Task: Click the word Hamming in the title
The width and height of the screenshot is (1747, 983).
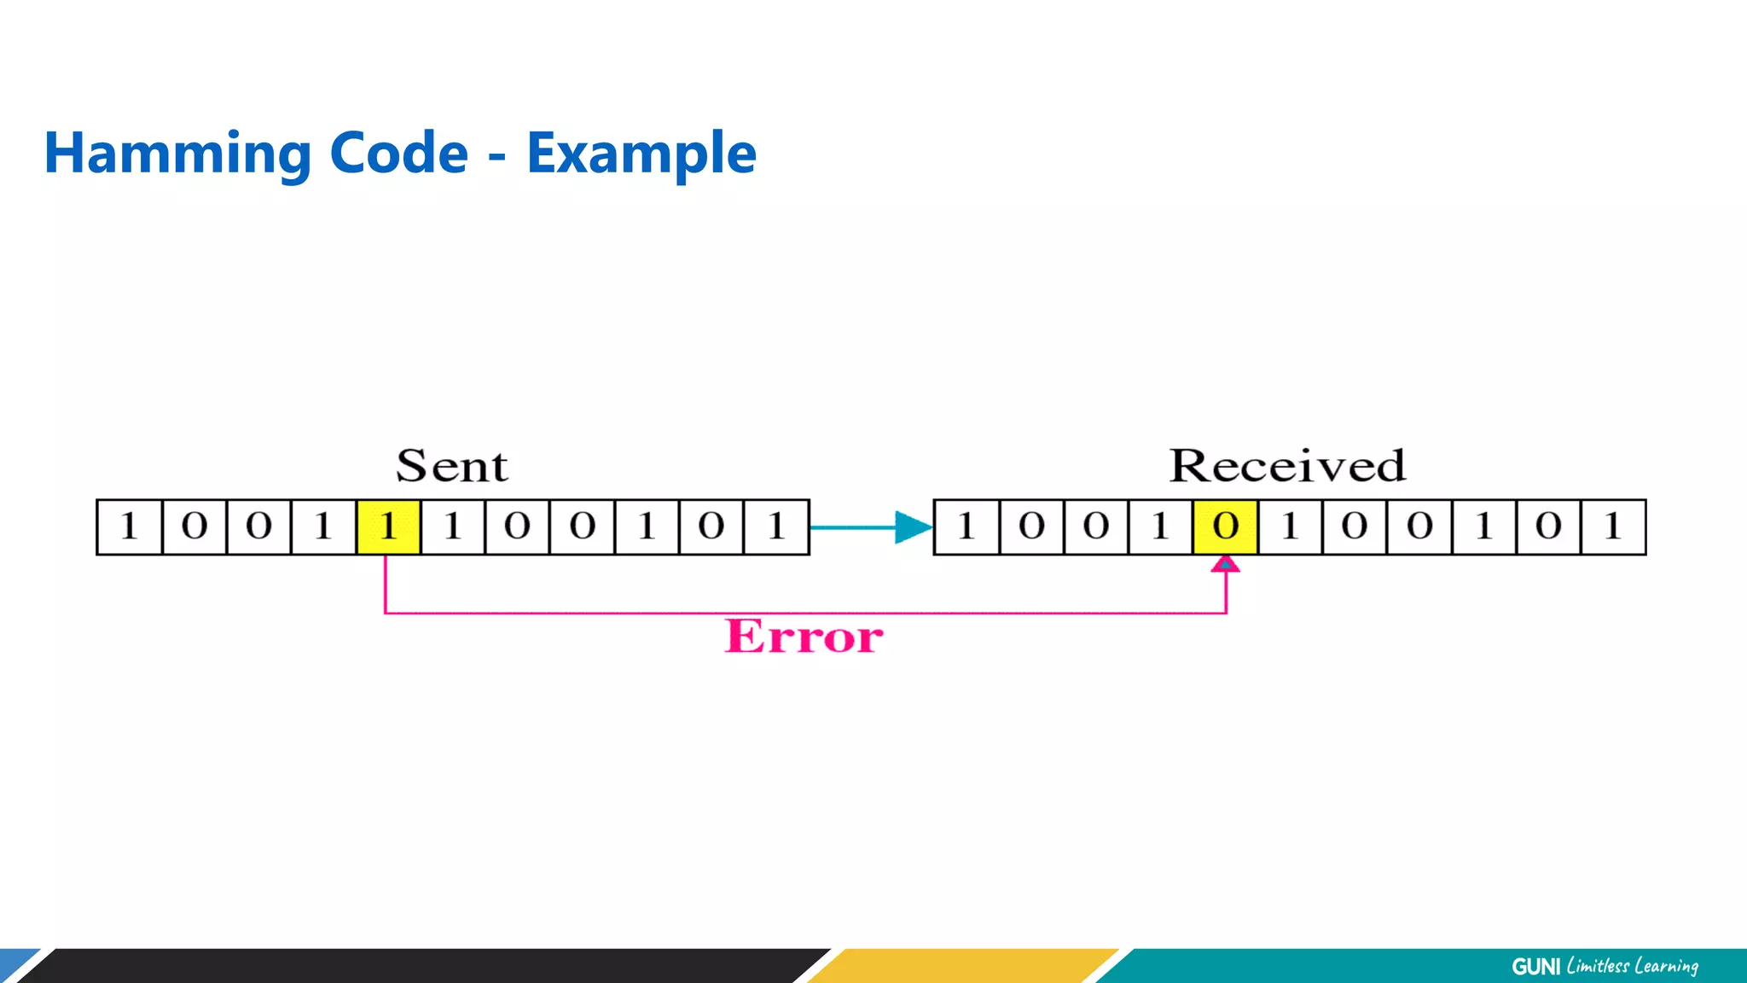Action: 177,154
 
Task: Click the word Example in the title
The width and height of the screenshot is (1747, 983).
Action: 641,154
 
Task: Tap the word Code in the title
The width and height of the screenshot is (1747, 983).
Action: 398,154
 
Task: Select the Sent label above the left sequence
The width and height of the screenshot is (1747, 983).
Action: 451,466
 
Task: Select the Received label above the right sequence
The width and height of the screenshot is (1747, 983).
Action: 1286,466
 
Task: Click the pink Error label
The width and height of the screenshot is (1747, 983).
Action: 804,637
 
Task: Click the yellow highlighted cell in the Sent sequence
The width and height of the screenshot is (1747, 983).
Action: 388,526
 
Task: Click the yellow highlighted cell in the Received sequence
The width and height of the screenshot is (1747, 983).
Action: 1226,526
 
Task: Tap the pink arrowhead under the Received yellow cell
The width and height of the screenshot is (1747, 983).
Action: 1226,564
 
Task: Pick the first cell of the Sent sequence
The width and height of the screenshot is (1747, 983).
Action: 129,526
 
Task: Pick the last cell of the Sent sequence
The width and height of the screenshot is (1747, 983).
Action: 776,526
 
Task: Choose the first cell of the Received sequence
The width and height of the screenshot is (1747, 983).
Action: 966,526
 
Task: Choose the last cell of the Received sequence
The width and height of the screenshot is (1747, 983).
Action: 1613,526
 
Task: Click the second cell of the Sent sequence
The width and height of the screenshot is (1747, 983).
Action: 194,526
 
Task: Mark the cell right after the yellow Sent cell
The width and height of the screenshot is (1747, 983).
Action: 453,526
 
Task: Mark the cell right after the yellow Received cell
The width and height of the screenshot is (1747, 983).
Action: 1291,526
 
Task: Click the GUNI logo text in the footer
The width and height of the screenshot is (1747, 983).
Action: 1535,967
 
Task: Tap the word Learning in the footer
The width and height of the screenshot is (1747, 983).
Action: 1666,967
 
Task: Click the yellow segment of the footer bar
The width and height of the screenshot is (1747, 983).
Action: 964,966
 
